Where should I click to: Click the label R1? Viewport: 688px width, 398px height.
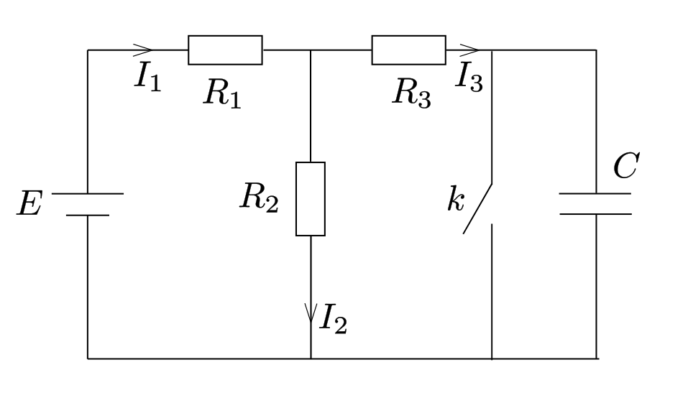click(x=222, y=93)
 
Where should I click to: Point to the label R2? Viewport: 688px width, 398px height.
click(x=259, y=198)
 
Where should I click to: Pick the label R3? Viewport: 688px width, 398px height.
click(x=411, y=93)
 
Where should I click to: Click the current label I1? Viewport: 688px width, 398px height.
click(x=148, y=77)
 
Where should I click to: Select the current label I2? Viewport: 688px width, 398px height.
click(x=334, y=319)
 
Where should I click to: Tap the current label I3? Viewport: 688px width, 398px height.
click(x=469, y=77)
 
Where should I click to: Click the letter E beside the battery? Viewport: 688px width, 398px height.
click(x=30, y=203)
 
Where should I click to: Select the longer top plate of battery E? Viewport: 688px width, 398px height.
click(x=87, y=193)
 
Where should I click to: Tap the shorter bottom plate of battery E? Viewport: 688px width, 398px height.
click(x=87, y=216)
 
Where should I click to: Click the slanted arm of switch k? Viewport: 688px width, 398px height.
click(x=477, y=208)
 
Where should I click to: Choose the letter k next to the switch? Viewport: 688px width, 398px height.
click(x=456, y=199)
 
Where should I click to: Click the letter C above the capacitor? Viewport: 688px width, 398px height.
click(x=626, y=165)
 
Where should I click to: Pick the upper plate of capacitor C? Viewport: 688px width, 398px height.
click(x=595, y=193)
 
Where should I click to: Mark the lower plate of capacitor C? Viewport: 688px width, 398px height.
click(x=595, y=214)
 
